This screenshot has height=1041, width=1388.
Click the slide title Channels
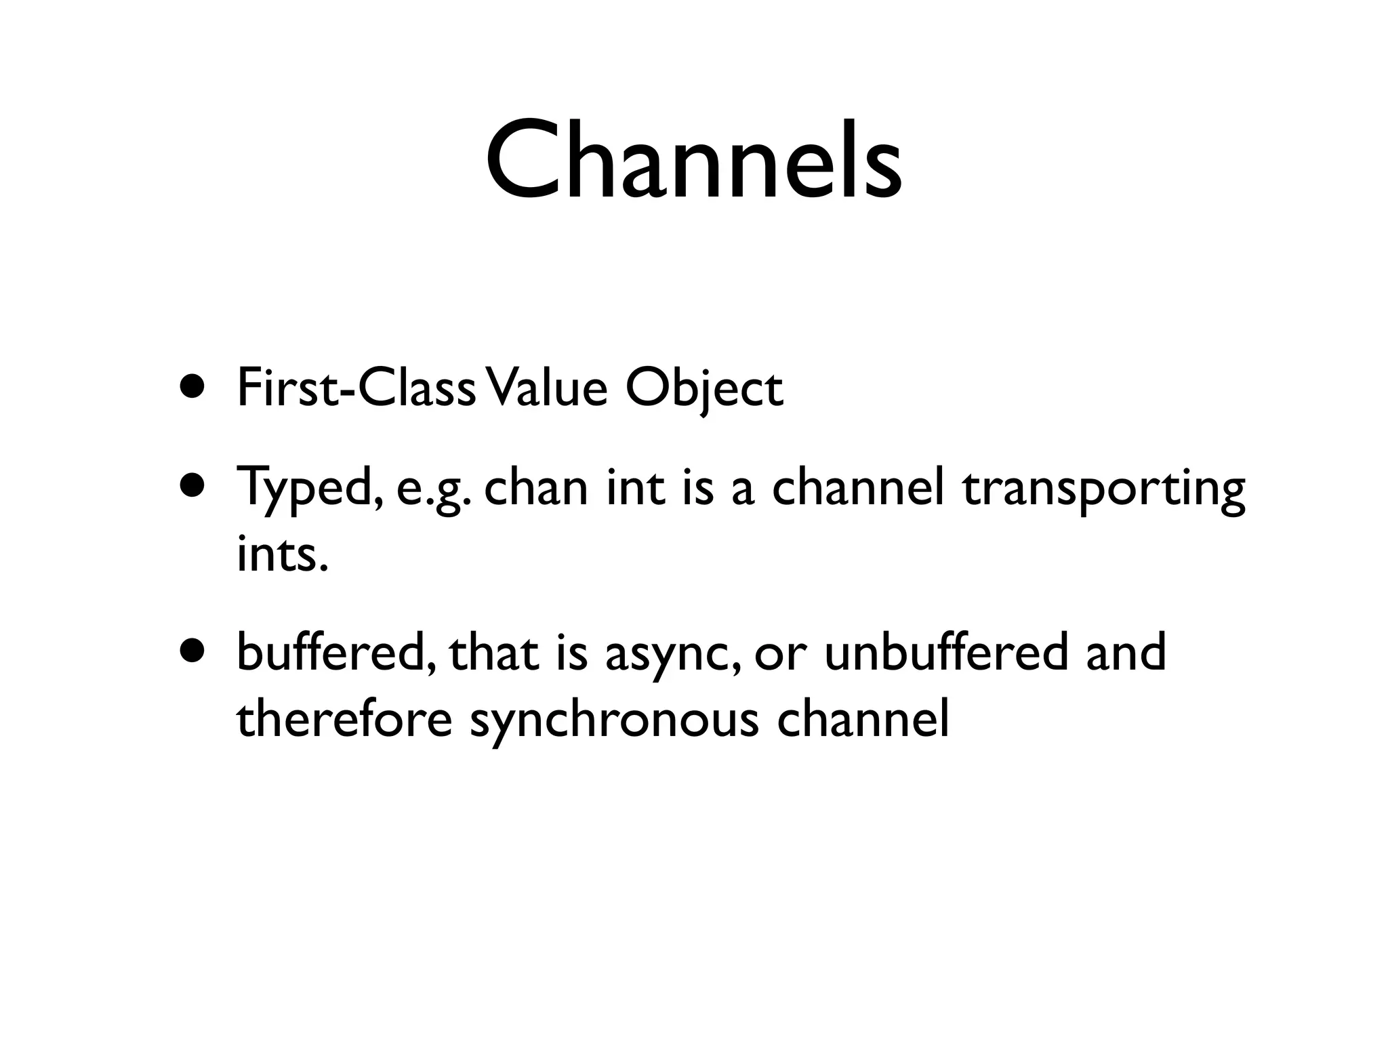[693, 161]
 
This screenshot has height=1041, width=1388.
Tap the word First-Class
[356, 388]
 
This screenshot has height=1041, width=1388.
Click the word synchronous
[614, 720]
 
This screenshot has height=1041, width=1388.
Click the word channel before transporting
[858, 488]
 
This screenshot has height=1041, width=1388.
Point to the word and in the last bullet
[1126, 651]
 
